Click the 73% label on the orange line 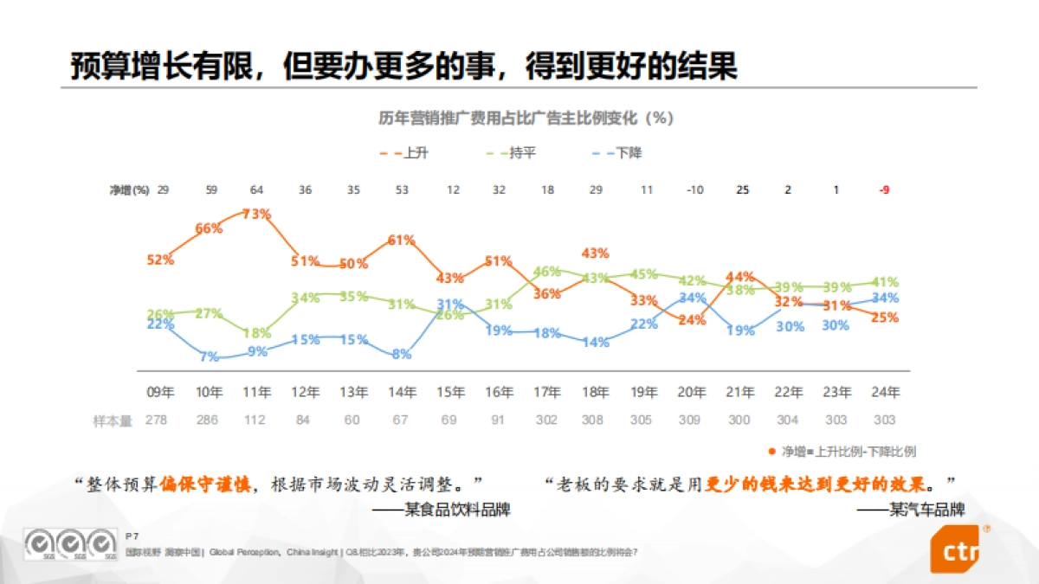pos(257,214)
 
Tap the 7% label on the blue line pos(210,356)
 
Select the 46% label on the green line pos(547,272)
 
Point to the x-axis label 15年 pos(450,393)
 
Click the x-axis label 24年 pos(884,393)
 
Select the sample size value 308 pos(595,420)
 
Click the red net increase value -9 pos(884,189)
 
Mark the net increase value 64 pos(257,189)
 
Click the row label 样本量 pos(113,420)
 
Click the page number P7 pos(132,536)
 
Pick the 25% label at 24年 pos(884,318)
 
